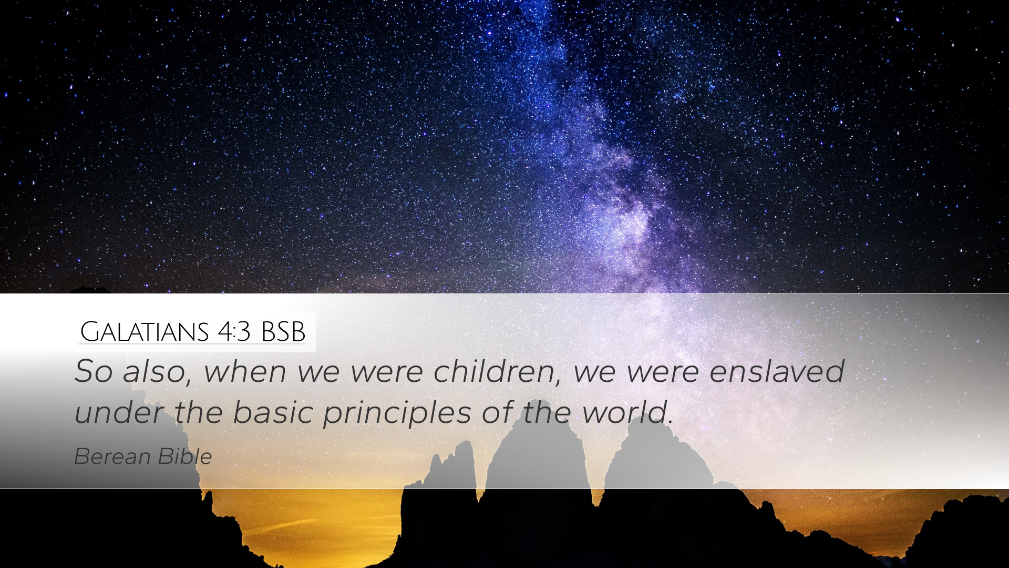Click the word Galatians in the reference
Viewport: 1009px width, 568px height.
145,332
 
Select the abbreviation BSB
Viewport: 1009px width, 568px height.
283,332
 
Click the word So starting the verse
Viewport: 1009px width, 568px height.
94,371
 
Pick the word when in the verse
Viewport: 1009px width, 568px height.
245,371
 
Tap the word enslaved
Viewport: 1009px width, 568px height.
777,371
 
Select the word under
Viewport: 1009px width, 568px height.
119,412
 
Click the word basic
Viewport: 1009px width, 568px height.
273,412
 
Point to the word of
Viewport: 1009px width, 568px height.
497,412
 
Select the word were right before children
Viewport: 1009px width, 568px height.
387,372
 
